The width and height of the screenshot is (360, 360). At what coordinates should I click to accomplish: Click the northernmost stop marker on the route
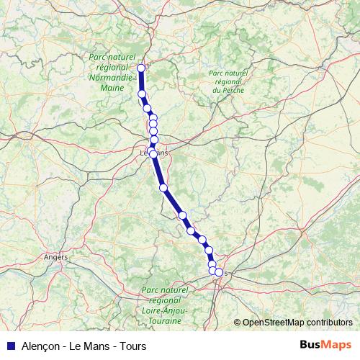pyautogui.click(x=141, y=68)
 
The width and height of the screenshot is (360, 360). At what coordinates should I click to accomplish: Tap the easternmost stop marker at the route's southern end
pyautogui.click(x=219, y=273)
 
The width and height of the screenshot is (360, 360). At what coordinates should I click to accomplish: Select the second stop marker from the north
pyautogui.click(x=142, y=94)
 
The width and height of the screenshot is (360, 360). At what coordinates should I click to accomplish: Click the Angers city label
pyautogui.click(x=55, y=256)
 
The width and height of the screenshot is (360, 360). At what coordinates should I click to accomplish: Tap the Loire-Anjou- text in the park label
pyautogui.click(x=165, y=310)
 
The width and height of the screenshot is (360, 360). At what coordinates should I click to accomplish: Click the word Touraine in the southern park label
pyautogui.click(x=165, y=319)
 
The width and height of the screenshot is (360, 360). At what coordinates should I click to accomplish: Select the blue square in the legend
pyautogui.click(x=10, y=346)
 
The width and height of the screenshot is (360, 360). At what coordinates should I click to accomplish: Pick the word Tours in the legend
pyautogui.click(x=132, y=346)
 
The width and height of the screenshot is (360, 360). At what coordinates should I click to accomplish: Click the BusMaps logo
pyautogui.click(x=325, y=346)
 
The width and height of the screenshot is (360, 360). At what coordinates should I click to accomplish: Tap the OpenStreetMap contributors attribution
pyautogui.click(x=297, y=323)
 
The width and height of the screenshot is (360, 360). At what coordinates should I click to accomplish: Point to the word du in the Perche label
pyautogui.click(x=216, y=91)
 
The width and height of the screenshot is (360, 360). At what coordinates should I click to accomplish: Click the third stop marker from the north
pyautogui.click(x=147, y=108)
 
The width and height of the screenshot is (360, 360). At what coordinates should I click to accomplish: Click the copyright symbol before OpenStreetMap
pyautogui.click(x=237, y=323)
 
